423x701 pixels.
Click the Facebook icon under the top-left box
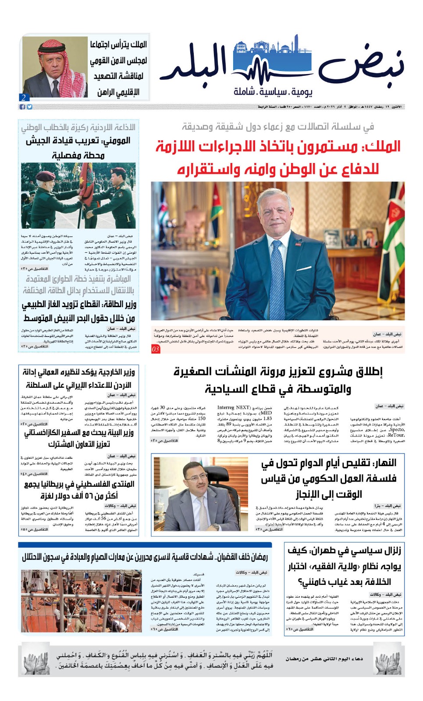22,106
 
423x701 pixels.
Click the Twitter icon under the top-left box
29,106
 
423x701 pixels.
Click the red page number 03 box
156,349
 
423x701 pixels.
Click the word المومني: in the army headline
116,141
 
